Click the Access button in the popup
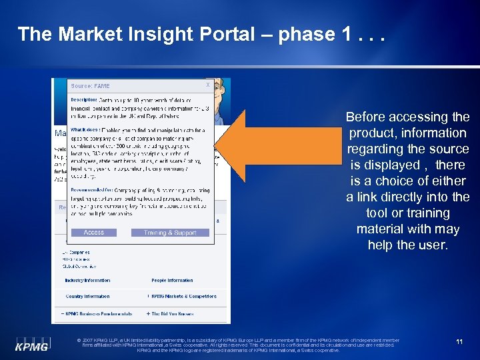click(x=94, y=233)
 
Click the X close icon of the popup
click(x=207, y=85)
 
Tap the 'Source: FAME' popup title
click(x=91, y=86)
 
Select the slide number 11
click(x=459, y=341)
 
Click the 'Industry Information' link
click(x=87, y=281)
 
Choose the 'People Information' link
click(x=172, y=281)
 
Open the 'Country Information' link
click(x=87, y=296)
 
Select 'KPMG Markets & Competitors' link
click(x=183, y=296)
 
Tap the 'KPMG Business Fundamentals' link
click(x=99, y=313)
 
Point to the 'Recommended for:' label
click(x=91, y=190)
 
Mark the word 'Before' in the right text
click(x=365, y=117)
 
